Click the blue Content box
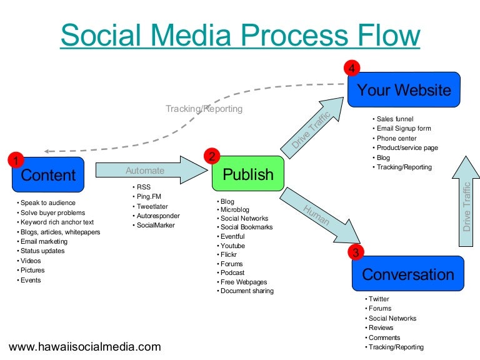click(48, 175)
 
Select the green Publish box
click(247, 174)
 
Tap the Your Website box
click(404, 91)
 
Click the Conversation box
click(407, 274)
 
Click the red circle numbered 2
click(212, 156)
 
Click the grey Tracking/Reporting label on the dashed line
click(204, 109)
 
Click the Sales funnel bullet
click(395, 119)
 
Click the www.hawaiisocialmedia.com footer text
click(85, 346)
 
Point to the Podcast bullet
click(232, 272)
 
